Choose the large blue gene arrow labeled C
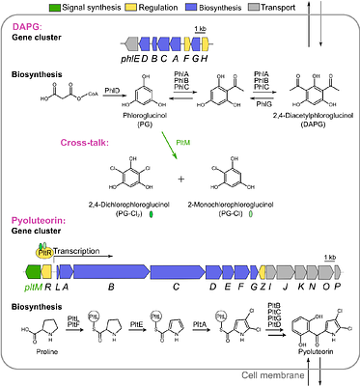(175, 271)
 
